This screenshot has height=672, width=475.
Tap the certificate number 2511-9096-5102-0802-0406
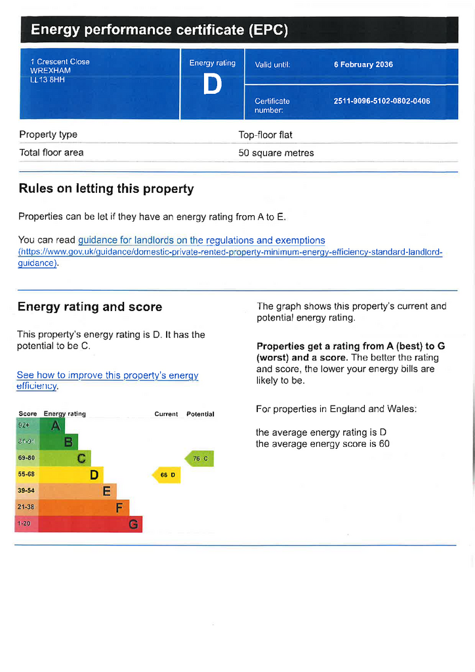tap(382, 101)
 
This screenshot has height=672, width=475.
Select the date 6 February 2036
tap(363, 64)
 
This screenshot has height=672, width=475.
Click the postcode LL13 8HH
tap(48, 80)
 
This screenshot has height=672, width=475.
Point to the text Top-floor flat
tap(266, 135)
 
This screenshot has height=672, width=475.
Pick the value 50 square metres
tap(276, 153)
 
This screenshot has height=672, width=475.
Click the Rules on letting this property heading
tap(106, 189)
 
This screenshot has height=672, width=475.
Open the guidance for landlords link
tap(201, 240)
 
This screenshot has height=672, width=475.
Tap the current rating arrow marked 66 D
tap(167, 474)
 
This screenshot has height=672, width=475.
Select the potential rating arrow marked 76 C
tap(199, 459)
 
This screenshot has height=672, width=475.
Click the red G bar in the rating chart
tap(79, 524)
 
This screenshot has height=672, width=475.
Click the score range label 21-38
tap(26, 507)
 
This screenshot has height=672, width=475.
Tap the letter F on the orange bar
tap(119, 507)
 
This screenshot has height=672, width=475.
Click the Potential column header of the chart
tap(200, 414)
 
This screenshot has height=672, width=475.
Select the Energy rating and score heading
tap(90, 306)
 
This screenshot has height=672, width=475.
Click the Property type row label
tap(49, 135)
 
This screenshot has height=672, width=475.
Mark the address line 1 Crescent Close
tap(60, 62)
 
